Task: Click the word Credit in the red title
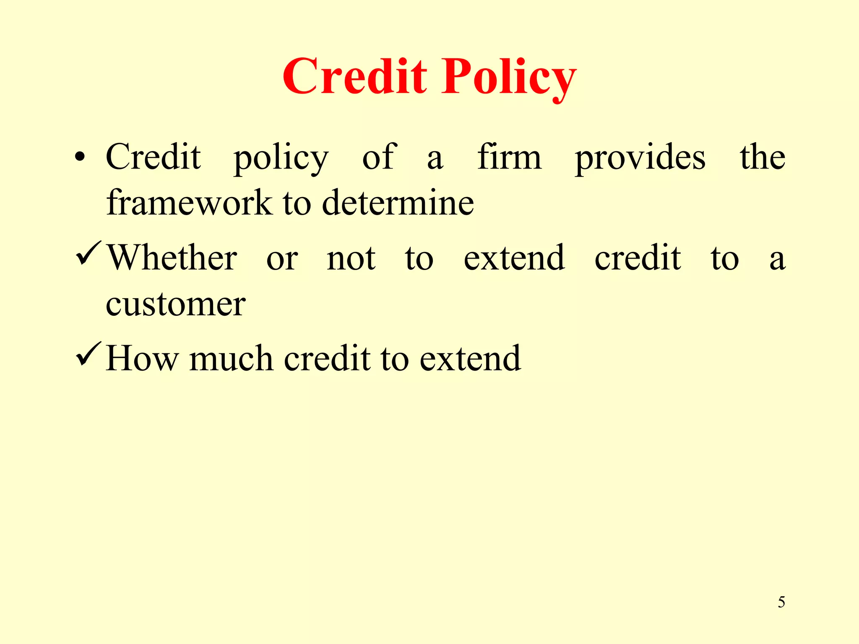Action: (355, 77)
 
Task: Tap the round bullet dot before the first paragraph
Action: (80, 158)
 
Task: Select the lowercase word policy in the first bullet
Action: (281, 158)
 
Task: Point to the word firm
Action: (509, 157)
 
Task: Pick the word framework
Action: (189, 203)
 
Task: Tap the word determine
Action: (398, 203)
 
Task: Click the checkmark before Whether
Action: (88, 254)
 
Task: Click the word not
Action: (351, 258)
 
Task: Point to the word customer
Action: (175, 304)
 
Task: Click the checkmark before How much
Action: (88, 354)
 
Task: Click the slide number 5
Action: (781, 602)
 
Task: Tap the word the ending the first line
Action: (762, 157)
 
